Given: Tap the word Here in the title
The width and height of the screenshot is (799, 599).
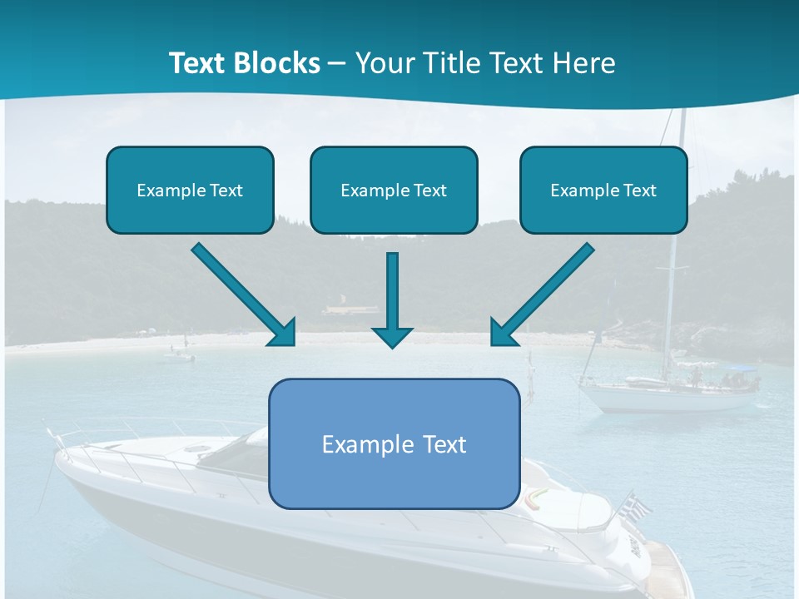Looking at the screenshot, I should (584, 63).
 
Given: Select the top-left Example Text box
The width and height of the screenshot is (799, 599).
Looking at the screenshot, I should (190, 191).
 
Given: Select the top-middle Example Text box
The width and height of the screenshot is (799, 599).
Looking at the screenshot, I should (394, 191).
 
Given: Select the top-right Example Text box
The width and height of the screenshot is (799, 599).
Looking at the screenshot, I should (603, 191).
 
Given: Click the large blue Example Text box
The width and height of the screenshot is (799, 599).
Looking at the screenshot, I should (394, 443).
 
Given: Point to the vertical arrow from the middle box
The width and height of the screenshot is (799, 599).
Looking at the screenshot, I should (392, 299).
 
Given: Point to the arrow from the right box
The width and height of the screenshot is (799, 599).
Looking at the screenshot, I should (542, 295).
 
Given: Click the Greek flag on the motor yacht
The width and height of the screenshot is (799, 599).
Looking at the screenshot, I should (637, 505).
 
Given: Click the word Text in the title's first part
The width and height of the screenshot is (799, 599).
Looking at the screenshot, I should (199, 63).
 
